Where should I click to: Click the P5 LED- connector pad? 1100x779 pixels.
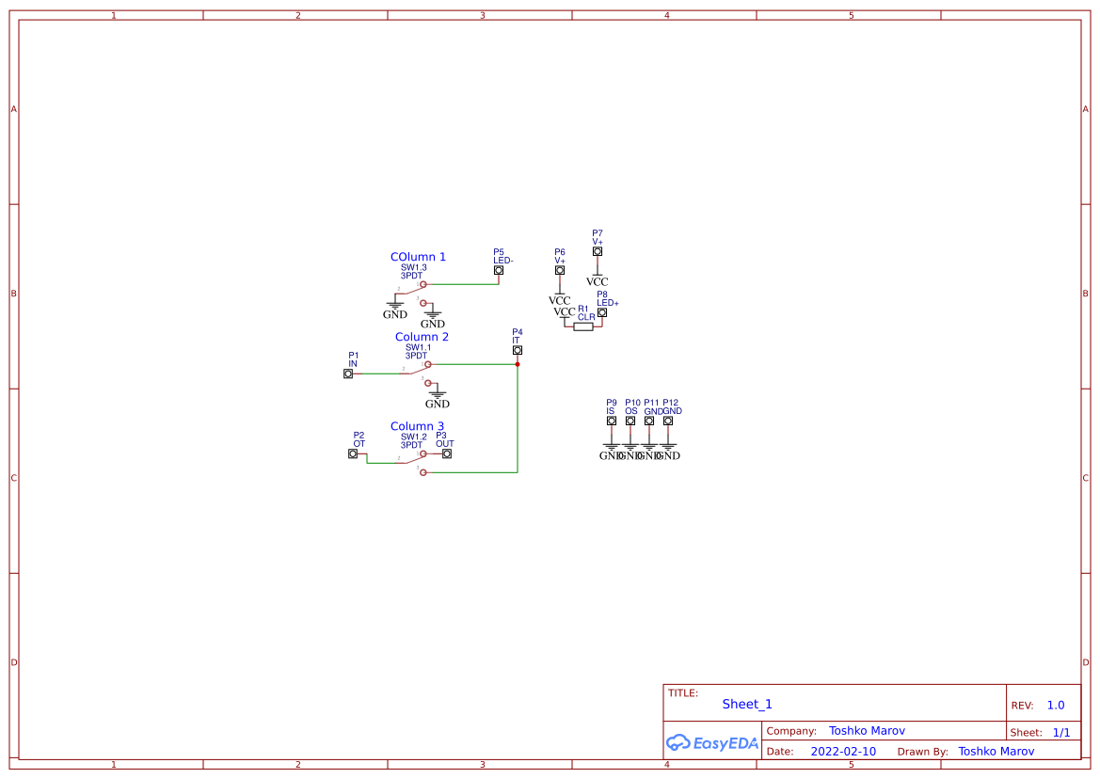(x=499, y=270)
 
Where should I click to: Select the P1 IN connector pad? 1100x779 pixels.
(x=348, y=374)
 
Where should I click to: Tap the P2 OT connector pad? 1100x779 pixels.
(x=353, y=453)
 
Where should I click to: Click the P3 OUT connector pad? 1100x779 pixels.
(x=447, y=453)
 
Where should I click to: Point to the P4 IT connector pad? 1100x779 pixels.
(x=518, y=350)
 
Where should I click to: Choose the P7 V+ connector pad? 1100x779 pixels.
(x=597, y=251)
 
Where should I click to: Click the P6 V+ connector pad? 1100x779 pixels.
(x=560, y=270)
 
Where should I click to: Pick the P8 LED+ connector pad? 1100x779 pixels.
(x=602, y=312)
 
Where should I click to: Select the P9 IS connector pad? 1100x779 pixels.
(x=612, y=421)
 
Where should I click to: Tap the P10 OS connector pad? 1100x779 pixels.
(x=630, y=421)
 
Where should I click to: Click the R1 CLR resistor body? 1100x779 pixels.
(x=583, y=326)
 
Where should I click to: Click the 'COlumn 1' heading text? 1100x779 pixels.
(x=418, y=257)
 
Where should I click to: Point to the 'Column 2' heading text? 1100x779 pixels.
(x=422, y=337)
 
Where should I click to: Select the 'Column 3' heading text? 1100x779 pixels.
(x=417, y=426)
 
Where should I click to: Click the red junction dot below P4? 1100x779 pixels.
(x=518, y=364)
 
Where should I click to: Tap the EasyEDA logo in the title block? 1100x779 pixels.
(x=712, y=742)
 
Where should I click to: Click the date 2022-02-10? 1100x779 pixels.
(x=843, y=752)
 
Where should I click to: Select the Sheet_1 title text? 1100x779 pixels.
(x=747, y=704)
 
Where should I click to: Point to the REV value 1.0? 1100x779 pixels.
(x=1056, y=706)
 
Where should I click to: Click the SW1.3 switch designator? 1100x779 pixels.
(x=414, y=267)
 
